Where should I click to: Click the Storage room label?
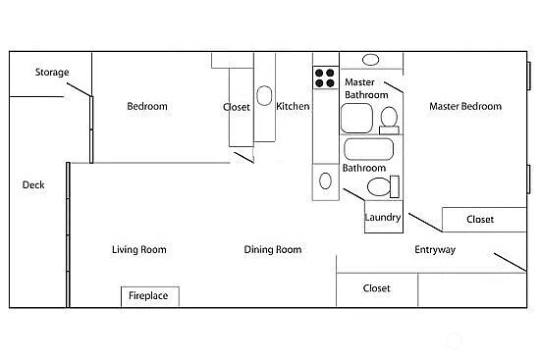52,73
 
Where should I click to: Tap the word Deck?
34,184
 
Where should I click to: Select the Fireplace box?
149,295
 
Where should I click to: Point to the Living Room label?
139,250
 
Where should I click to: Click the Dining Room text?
273,250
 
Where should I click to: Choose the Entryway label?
435,250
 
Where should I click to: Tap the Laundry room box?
383,218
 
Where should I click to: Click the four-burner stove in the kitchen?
325,77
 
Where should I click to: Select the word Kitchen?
293,107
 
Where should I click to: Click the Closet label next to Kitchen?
237,108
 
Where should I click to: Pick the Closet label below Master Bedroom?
480,220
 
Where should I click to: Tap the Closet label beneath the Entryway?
377,288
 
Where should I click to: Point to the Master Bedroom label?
465,107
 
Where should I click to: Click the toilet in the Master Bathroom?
389,120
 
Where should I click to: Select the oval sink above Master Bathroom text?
373,60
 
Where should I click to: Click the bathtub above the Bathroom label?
369,149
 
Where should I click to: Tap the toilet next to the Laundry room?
379,186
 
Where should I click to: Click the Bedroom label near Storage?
147,107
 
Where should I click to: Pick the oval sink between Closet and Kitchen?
265,98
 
